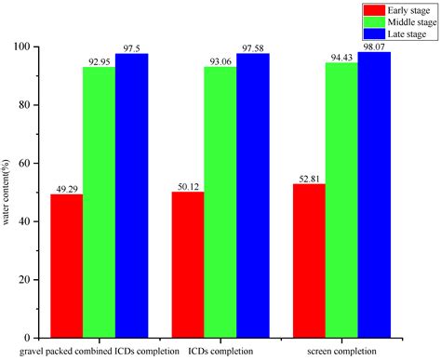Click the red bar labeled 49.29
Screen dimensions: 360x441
(66, 265)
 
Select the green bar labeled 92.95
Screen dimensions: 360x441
(99, 202)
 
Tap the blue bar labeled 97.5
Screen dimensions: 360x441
(131, 195)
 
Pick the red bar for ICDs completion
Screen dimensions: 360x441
(188, 264)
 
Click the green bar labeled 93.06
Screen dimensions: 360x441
(220, 202)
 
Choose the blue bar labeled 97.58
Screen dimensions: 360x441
(252, 195)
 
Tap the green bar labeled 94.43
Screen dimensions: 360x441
(341, 200)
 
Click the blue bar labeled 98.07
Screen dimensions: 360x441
(374, 194)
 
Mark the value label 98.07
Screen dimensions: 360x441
(374, 45)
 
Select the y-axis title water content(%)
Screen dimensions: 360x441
(8, 192)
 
